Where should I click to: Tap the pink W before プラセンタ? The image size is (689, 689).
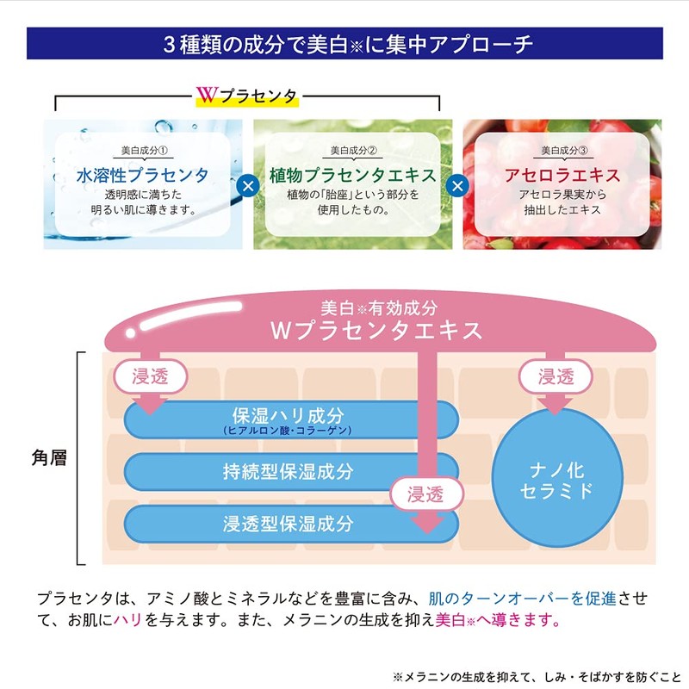click(207, 95)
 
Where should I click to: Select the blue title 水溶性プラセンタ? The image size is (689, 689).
click(142, 175)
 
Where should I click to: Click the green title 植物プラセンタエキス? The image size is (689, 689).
click(352, 175)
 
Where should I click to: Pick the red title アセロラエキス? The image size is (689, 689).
click(562, 175)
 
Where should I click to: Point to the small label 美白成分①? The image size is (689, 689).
click(144, 151)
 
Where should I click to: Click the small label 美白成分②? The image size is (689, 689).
click(353, 151)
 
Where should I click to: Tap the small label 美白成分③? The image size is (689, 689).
click(564, 151)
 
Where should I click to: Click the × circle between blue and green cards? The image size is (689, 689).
click(248, 186)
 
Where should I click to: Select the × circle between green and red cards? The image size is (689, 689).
click(457, 186)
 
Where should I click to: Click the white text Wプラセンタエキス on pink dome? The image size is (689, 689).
click(376, 331)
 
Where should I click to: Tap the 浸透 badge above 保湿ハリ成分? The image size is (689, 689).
click(150, 376)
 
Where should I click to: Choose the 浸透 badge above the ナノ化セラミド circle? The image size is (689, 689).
click(556, 376)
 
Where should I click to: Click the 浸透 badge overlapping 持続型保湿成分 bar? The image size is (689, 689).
click(425, 493)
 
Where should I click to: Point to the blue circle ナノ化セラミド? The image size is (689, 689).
click(556, 478)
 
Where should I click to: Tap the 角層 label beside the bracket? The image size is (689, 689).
click(49, 458)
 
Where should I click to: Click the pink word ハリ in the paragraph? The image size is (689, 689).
click(127, 620)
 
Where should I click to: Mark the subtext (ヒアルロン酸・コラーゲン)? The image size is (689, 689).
click(288, 430)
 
